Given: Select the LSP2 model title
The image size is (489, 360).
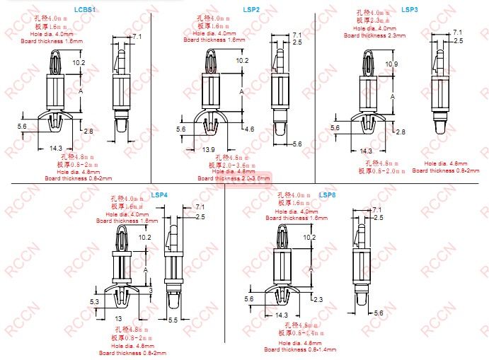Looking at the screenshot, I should [251, 10].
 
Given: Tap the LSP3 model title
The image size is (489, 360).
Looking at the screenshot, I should [409, 10].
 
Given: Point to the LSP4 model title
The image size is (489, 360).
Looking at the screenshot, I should [159, 195].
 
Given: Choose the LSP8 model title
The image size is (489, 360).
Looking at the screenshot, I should [327, 195].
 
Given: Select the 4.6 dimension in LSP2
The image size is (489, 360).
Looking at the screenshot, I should [249, 130].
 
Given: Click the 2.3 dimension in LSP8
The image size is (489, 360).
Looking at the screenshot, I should [317, 300].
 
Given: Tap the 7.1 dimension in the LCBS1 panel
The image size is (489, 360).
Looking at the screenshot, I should [137, 36].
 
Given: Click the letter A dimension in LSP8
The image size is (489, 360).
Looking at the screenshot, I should [307, 270].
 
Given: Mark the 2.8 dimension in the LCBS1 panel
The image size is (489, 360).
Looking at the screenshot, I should [88, 132].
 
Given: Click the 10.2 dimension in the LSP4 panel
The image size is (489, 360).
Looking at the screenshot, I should [144, 238].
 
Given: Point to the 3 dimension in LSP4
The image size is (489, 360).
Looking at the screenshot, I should [150, 290].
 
